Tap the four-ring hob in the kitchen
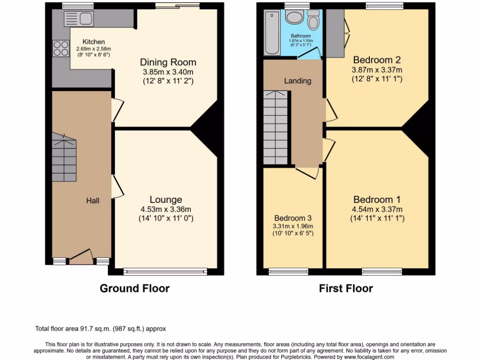(x=60, y=48)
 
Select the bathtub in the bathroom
(x=272, y=33)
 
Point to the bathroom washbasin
(x=294, y=18)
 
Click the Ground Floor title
(x=135, y=288)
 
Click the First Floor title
(x=346, y=288)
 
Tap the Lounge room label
(x=166, y=200)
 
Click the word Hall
(x=92, y=201)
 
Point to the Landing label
(x=298, y=81)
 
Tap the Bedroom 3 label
(x=293, y=218)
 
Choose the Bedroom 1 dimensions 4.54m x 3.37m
(x=377, y=209)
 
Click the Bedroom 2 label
(x=377, y=60)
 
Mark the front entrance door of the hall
(x=81, y=257)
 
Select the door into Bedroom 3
(x=307, y=172)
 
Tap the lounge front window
(x=165, y=271)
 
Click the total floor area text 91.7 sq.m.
(x=101, y=329)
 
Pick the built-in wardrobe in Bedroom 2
(x=335, y=33)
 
